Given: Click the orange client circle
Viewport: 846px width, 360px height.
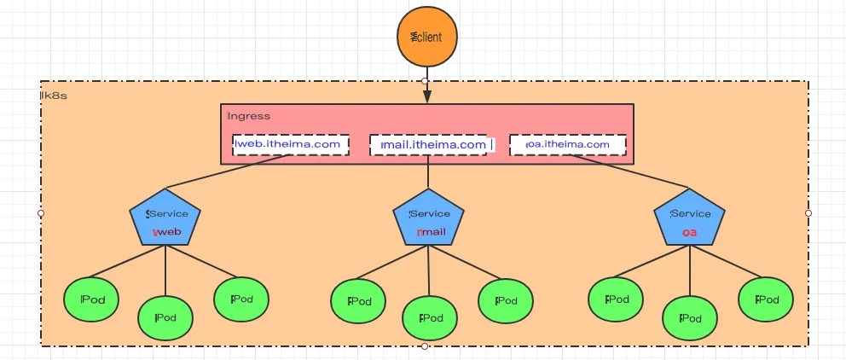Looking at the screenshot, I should click(427, 38).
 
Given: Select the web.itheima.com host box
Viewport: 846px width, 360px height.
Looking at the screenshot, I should click(292, 144).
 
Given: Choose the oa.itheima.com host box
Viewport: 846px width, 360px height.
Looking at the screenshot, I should click(568, 144).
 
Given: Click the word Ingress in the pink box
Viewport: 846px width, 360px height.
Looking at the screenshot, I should click(249, 116).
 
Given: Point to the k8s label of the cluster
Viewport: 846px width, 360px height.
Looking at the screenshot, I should click(55, 96).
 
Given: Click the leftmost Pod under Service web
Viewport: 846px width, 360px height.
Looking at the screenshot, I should click(91, 299).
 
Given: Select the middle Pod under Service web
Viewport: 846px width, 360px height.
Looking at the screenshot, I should click(165, 317).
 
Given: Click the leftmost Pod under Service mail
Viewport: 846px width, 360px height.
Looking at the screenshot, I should click(358, 300).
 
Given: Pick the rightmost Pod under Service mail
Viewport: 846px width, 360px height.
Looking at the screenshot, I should click(505, 300).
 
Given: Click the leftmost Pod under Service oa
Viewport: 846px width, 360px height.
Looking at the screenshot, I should click(616, 299).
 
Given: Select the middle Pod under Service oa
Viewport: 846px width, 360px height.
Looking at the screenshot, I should click(690, 317).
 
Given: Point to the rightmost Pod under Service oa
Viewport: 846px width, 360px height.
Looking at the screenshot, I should click(766, 299).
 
